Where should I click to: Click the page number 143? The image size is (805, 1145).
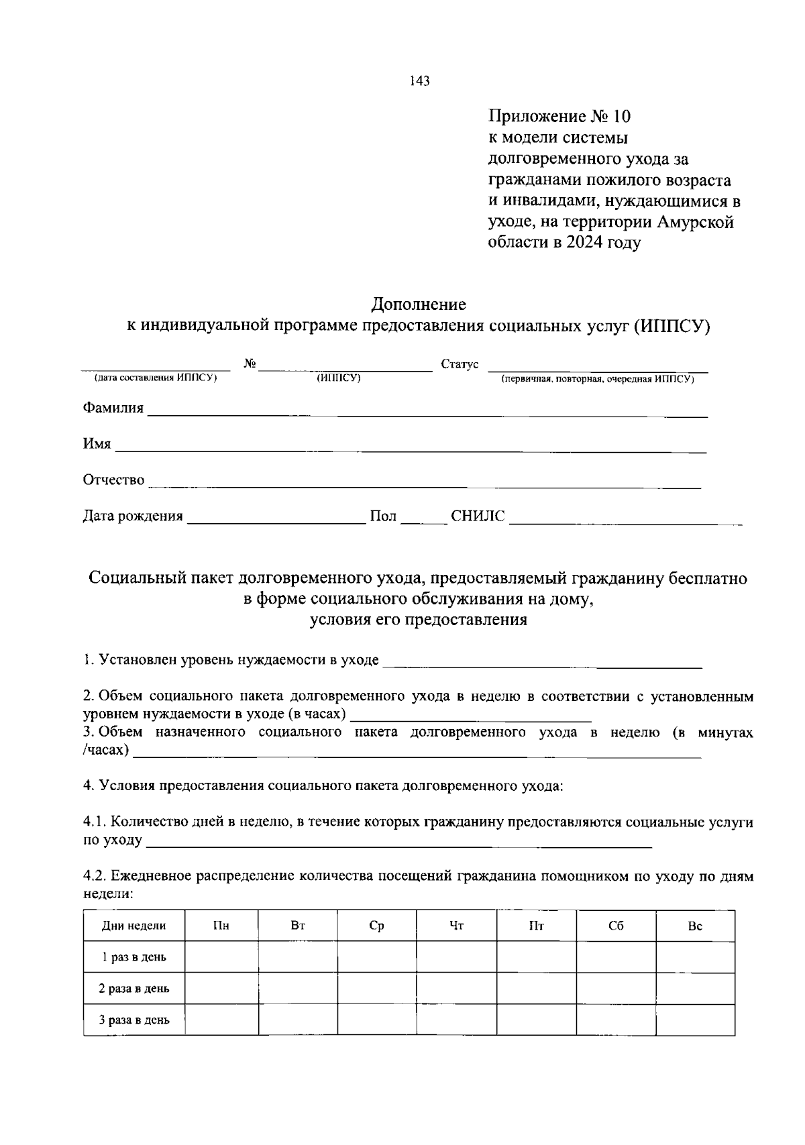click(x=419, y=82)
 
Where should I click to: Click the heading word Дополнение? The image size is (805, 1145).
click(x=419, y=305)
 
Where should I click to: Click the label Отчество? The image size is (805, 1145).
click(x=113, y=480)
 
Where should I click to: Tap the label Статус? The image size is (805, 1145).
click(x=460, y=364)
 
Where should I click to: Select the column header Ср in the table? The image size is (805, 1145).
click(x=376, y=926)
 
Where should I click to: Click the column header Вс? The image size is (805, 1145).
click(x=695, y=926)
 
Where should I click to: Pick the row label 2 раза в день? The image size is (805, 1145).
click(x=134, y=989)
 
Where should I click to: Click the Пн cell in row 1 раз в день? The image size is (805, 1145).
click(x=221, y=957)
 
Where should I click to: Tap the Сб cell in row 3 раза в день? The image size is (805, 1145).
click(x=616, y=1020)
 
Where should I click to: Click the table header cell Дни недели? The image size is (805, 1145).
click(x=134, y=926)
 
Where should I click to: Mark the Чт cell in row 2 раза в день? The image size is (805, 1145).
click(x=456, y=989)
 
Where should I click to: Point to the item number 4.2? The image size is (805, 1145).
click(x=94, y=876)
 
